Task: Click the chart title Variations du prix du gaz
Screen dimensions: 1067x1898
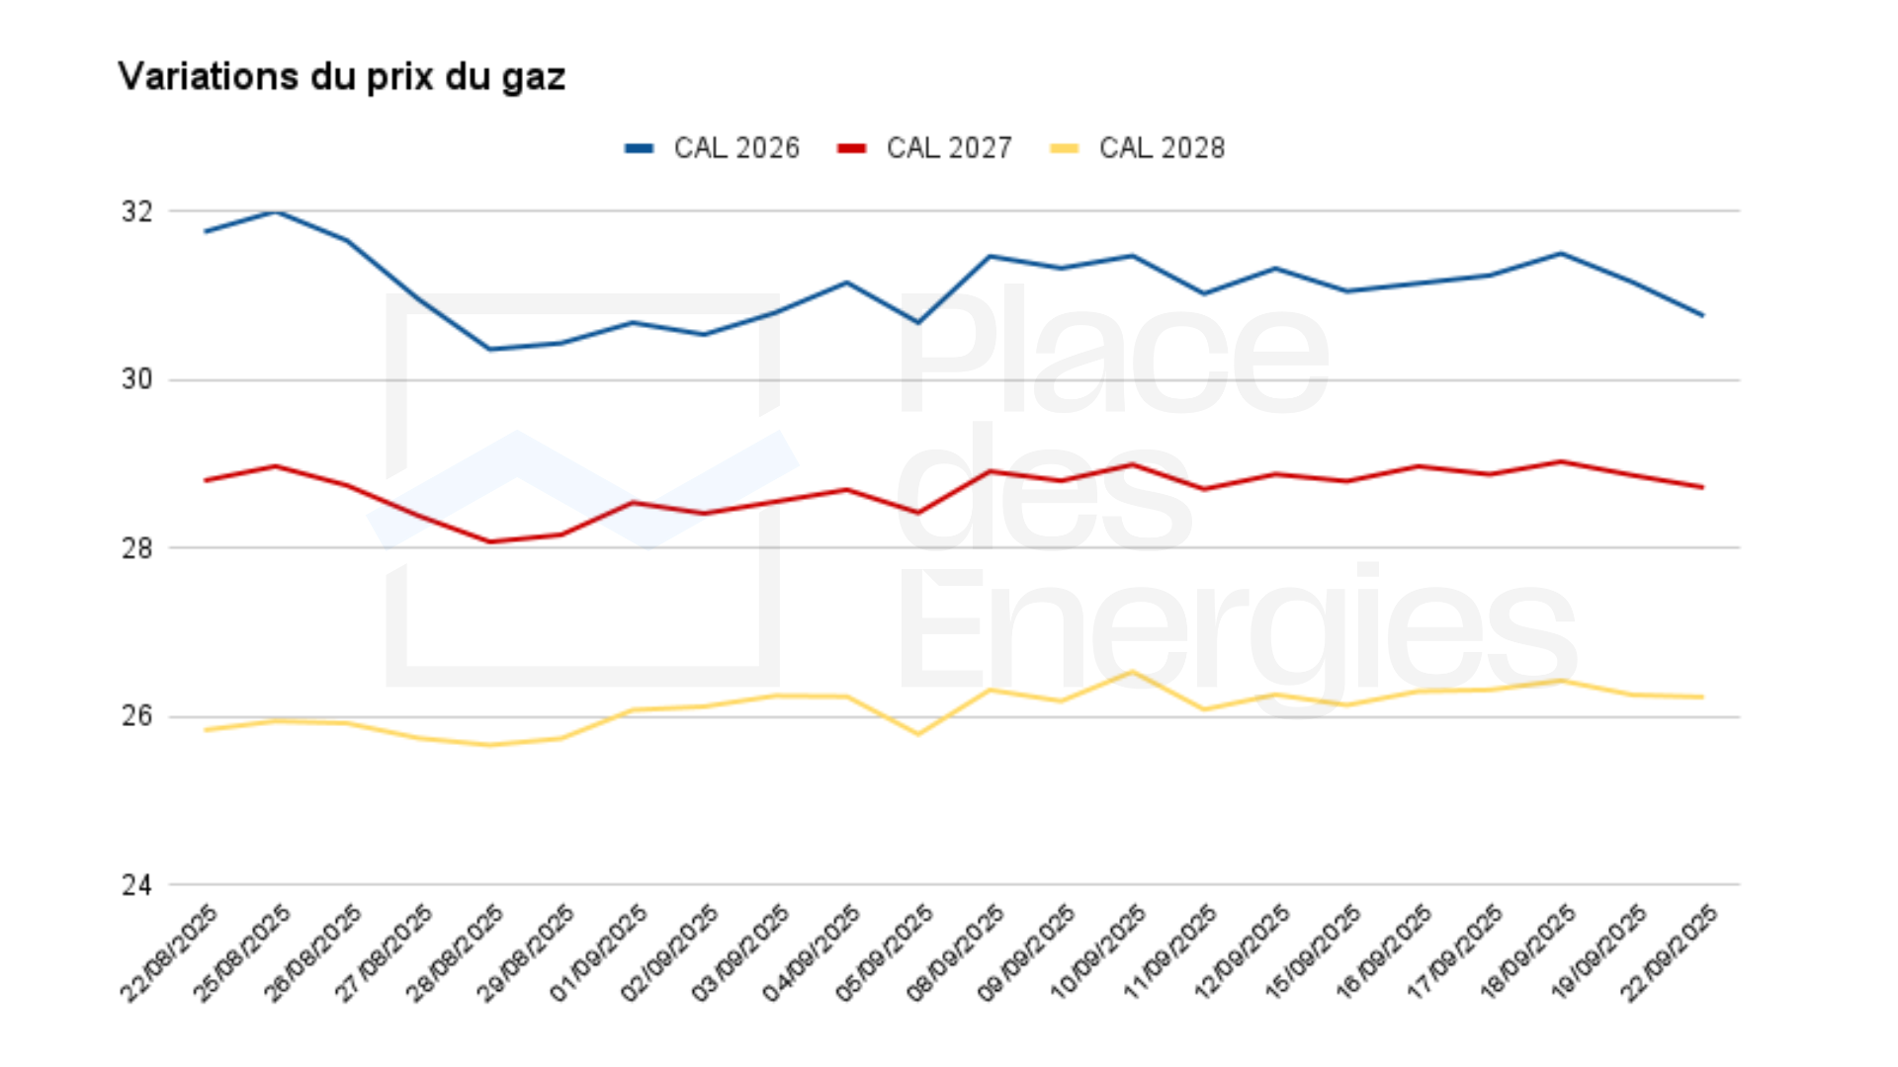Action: (341, 77)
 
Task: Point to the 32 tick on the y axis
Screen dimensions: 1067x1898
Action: (137, 211)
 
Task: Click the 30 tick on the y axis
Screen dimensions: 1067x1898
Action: (137, 379)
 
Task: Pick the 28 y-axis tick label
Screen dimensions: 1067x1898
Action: (137, 548)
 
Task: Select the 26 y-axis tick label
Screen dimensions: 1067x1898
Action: (137, 716)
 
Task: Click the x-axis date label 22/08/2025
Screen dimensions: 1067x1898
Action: (170, 952)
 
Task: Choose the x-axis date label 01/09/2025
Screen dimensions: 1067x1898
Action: (599, 952)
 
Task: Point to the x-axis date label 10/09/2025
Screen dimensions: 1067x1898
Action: (1099, 952)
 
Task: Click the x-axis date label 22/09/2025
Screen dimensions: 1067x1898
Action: (1671, 952)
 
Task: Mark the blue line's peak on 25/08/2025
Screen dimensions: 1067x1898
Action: (277, 211)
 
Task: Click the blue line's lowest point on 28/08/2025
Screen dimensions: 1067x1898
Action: (490, 349)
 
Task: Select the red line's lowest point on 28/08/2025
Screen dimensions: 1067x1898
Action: (490, 541)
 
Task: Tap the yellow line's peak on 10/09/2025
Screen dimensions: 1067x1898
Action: (1133, 672)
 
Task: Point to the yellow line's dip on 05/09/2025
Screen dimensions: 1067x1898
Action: (918, 734)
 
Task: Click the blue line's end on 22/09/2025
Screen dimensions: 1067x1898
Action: (1703, 315)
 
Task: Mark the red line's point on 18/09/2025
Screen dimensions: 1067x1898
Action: (1561, 461)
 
